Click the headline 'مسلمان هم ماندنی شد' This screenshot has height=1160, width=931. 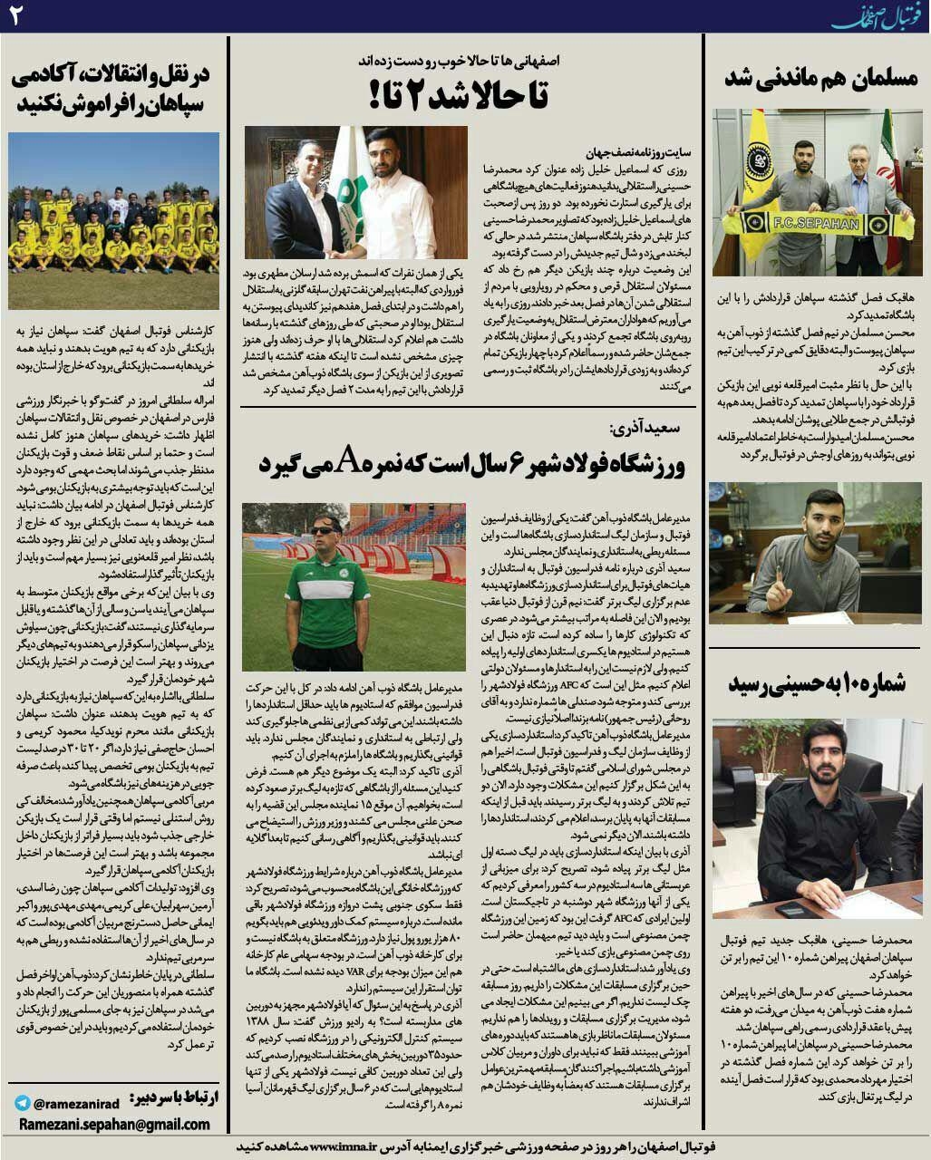(820, 79)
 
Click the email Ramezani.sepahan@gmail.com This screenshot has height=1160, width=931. (113, 1125)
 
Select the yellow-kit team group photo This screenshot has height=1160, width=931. (113, 220)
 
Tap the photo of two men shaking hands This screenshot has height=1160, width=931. (355, 192)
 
